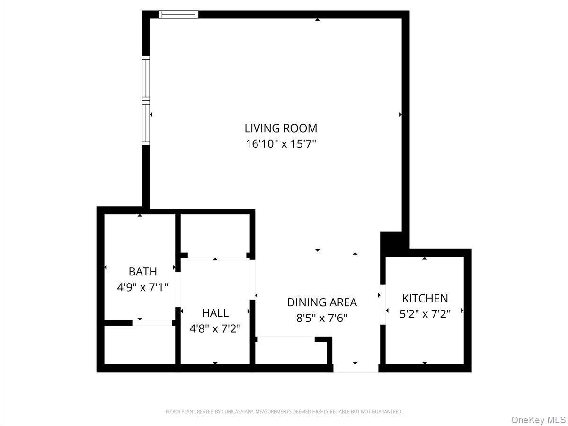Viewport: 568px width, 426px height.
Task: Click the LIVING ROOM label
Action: (x=281, y=128)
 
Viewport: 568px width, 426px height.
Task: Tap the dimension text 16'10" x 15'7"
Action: (x=281, y=143)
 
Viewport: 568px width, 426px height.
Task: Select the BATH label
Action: (x=142, y=272)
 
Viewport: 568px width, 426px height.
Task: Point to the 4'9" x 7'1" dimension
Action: (x=142, y=287)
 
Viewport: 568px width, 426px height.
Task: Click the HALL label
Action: (x=215, y=313)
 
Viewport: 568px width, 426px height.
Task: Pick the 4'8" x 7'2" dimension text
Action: (x=215, y=328)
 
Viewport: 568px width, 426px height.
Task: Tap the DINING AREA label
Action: (x=322, y=302)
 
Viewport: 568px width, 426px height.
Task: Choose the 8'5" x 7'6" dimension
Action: (x=322, y=318)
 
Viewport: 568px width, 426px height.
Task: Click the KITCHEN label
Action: (x=425, y=298)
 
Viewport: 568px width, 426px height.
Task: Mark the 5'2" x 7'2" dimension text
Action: (x=425, y=313)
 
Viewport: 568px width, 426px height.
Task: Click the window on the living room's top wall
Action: (x=178, y=15)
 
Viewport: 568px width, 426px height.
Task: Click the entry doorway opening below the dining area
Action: (x=355, y=368)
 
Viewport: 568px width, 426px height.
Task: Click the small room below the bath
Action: (x=140, y=345)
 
